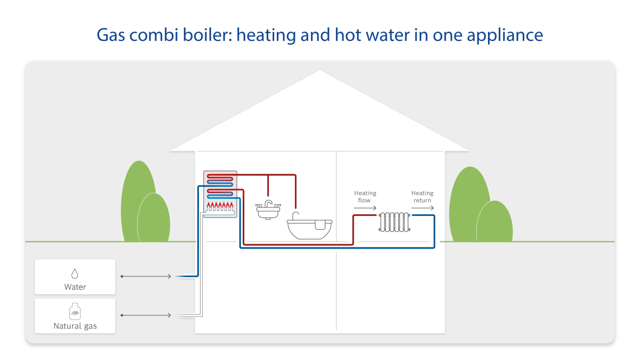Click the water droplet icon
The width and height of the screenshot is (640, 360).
pyautogui.click(x=75, y=274)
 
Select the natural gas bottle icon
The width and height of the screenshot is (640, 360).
pyautogui.click(x=75, y=312)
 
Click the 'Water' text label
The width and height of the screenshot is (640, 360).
pyautogui.click(x=75, y=287)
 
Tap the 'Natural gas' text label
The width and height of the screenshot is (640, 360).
pyautogui.click(x=75, y=326)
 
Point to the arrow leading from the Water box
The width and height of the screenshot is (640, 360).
pyautogui.click(x=146, y=276)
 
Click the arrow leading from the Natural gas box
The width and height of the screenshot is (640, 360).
pyautogui.click(x=146, y=315)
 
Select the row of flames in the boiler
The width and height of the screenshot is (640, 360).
pyautogui.click(x=220, y=205)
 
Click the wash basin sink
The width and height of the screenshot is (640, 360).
pyautogui.click(x=269, y=212)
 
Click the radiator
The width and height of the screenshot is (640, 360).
pyautogui.click(x=395, y=221)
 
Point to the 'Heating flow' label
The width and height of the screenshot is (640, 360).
pyautogui.click(x=365, y=196)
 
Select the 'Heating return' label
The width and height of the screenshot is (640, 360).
pyautogui.click(x=422, y=196)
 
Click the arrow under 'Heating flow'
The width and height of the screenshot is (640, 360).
pyautogui.click(x=365, y=208)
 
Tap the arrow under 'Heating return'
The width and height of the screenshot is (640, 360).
pyautogui.click(x=422, y=208)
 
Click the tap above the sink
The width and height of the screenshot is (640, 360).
pyautogui.click(x=268, y=203)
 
